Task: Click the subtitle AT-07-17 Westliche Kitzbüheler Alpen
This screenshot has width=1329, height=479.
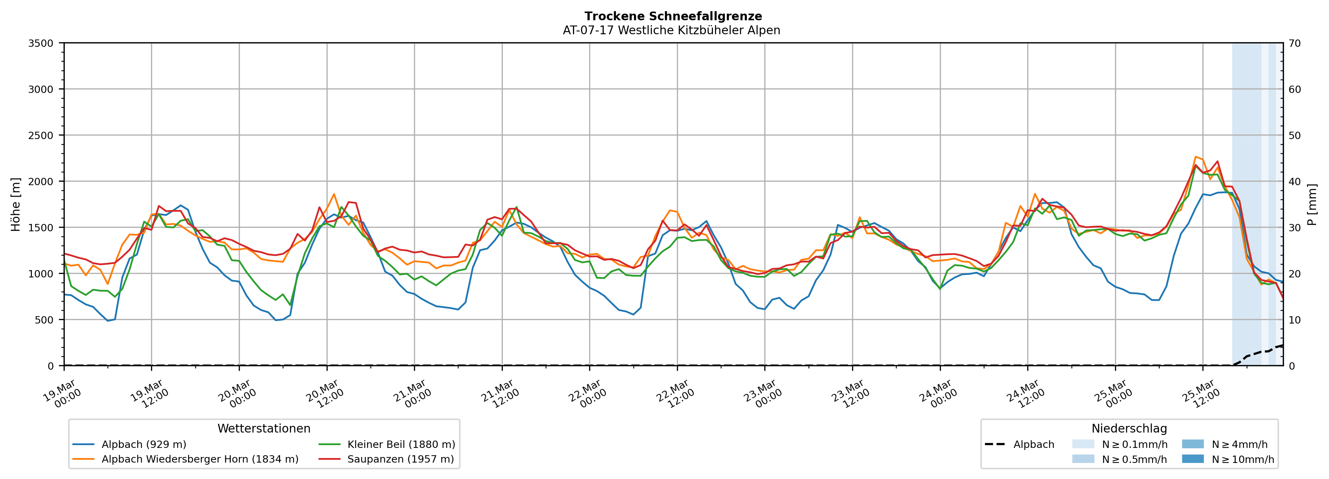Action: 671,30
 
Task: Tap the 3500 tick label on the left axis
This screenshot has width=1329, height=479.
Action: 41,43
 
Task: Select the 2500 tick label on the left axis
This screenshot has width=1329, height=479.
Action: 41,136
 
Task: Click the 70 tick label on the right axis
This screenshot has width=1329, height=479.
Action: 1294,43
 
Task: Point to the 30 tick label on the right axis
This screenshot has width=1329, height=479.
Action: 1294,228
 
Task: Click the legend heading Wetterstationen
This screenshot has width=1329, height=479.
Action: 264,428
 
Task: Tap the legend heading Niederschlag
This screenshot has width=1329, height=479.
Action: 1129,428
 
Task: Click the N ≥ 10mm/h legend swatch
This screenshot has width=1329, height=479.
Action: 1193,459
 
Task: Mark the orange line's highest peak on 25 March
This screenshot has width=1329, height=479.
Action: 1195,156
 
